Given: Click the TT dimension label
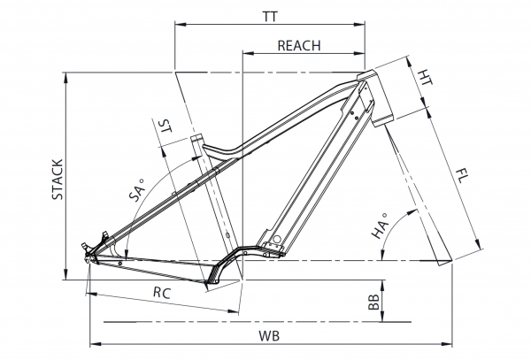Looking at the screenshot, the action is [x=270, y=17].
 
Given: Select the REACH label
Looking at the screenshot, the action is [x=299, y=46].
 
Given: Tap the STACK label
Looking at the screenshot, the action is [x=58, y=180].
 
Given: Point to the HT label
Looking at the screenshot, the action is [x=425, y=78].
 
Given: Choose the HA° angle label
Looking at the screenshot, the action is [x=380, y=226].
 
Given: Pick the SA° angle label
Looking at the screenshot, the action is [x=136, y=190].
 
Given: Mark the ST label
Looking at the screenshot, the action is [x=165, y=126].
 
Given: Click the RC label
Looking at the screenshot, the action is [x=162, y=292].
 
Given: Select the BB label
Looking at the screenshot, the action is [x=373, y=302].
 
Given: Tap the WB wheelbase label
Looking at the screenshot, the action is [x=270, y=336].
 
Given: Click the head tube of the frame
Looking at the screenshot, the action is [x=376, y=98].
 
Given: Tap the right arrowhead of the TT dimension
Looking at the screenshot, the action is [x=359, y=25].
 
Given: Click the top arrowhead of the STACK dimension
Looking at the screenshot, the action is [x=65, y=78].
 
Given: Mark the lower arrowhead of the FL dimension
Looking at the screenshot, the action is [x=478, y=245].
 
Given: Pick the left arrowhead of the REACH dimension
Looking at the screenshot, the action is [x=249, y=53].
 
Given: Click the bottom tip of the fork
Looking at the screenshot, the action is [x=446, y=263].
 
